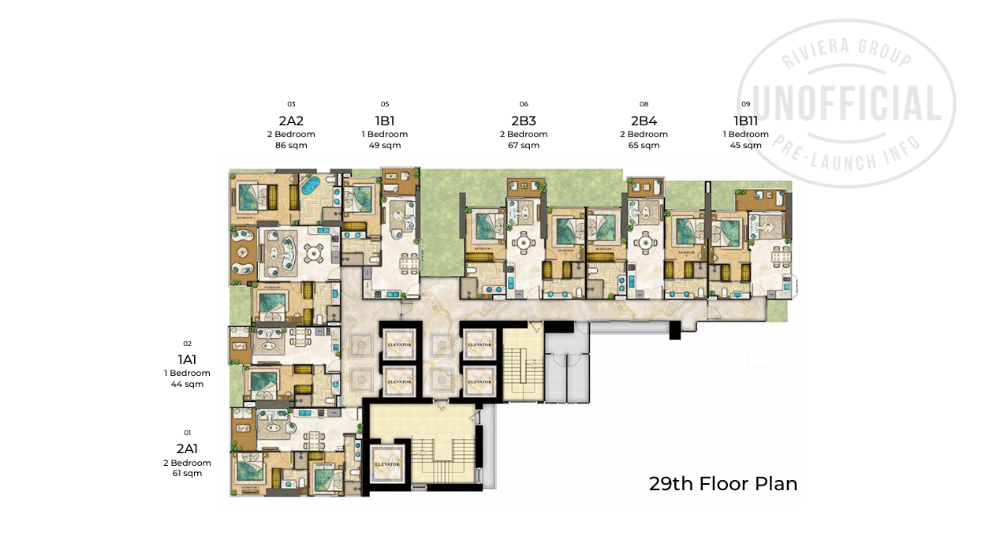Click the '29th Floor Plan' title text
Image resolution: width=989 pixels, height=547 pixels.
[722, 484]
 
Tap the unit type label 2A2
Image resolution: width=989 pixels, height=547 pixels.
[291, 121]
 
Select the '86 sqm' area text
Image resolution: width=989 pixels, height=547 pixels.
[291, 145]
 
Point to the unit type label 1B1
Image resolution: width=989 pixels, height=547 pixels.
[385, 121]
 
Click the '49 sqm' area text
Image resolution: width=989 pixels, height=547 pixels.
[385, 145]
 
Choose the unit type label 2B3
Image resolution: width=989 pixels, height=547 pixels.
[524, 121]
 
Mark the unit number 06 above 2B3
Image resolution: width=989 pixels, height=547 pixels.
[524, 104]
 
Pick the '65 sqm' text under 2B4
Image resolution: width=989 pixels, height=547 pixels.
[644, 145]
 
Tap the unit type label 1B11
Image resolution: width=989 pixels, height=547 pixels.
[745, 121]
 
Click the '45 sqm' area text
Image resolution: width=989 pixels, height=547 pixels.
[745, 145]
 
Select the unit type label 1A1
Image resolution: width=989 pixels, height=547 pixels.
[188, 359]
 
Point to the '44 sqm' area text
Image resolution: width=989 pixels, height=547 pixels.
[188, 385]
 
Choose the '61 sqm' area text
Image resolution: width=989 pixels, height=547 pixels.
[188, 474]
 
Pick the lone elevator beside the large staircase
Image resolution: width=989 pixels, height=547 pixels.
[389, 463]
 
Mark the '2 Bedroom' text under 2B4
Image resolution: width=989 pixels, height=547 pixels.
[644, 134]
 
